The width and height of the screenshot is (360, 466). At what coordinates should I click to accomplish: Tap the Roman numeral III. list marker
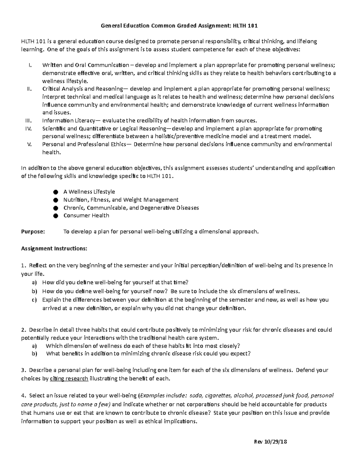click(28, 121)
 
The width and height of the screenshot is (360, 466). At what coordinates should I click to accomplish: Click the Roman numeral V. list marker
click(29, 144)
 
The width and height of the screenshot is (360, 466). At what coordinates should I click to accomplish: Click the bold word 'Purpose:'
click(33, 232)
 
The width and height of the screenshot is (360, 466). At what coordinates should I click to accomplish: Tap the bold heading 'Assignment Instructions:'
click(54, 248)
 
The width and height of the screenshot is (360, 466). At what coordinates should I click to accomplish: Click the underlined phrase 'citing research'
click(69, 378)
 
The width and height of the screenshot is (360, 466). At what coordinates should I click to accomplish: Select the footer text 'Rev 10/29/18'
click(270, 442)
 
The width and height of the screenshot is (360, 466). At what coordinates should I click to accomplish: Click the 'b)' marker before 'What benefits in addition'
click(34, 353)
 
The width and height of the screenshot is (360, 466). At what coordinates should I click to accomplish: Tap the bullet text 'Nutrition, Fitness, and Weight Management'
click(121, 200)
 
